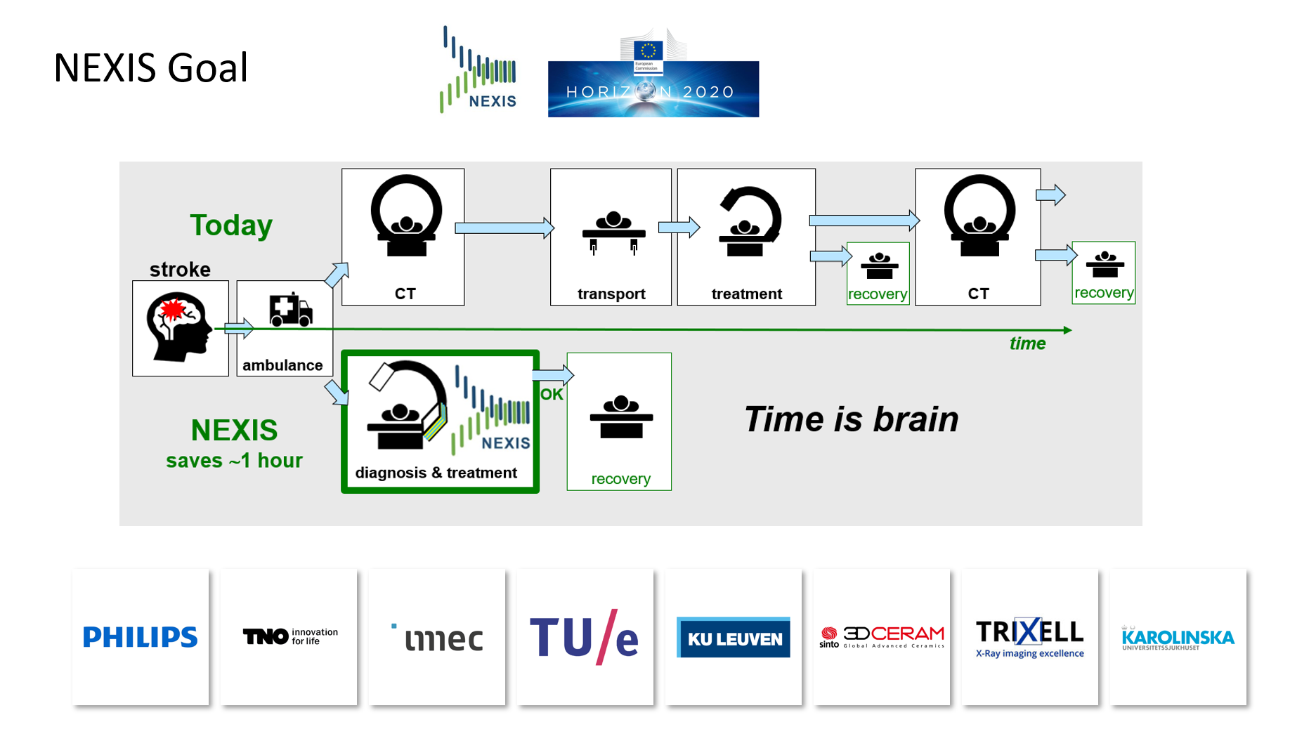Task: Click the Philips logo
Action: [x=140, y=637]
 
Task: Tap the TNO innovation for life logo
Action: [x=289, y=636]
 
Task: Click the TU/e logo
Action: [x=584, y=637]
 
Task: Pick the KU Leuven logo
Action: [x=734, y=638]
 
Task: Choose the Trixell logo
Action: [x=1029, y=638]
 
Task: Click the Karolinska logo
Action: [x=1178, y=638]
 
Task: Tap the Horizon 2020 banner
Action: [x=653, y=89]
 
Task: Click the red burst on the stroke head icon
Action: [x=171, y=310]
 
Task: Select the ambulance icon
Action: [x=290, y=310]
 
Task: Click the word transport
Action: [x=611, y=294]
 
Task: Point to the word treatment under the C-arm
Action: [x=746, y=294]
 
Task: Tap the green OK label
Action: [x=552, y=395]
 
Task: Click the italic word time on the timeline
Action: [x=1027, y=343]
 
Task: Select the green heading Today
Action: [x=231, y=225]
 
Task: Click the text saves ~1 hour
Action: [x=234, y=461]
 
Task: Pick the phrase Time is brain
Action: [x=851, y=419]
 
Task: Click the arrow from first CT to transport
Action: [x=504, y=228]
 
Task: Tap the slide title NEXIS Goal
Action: [x=150, y=68]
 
